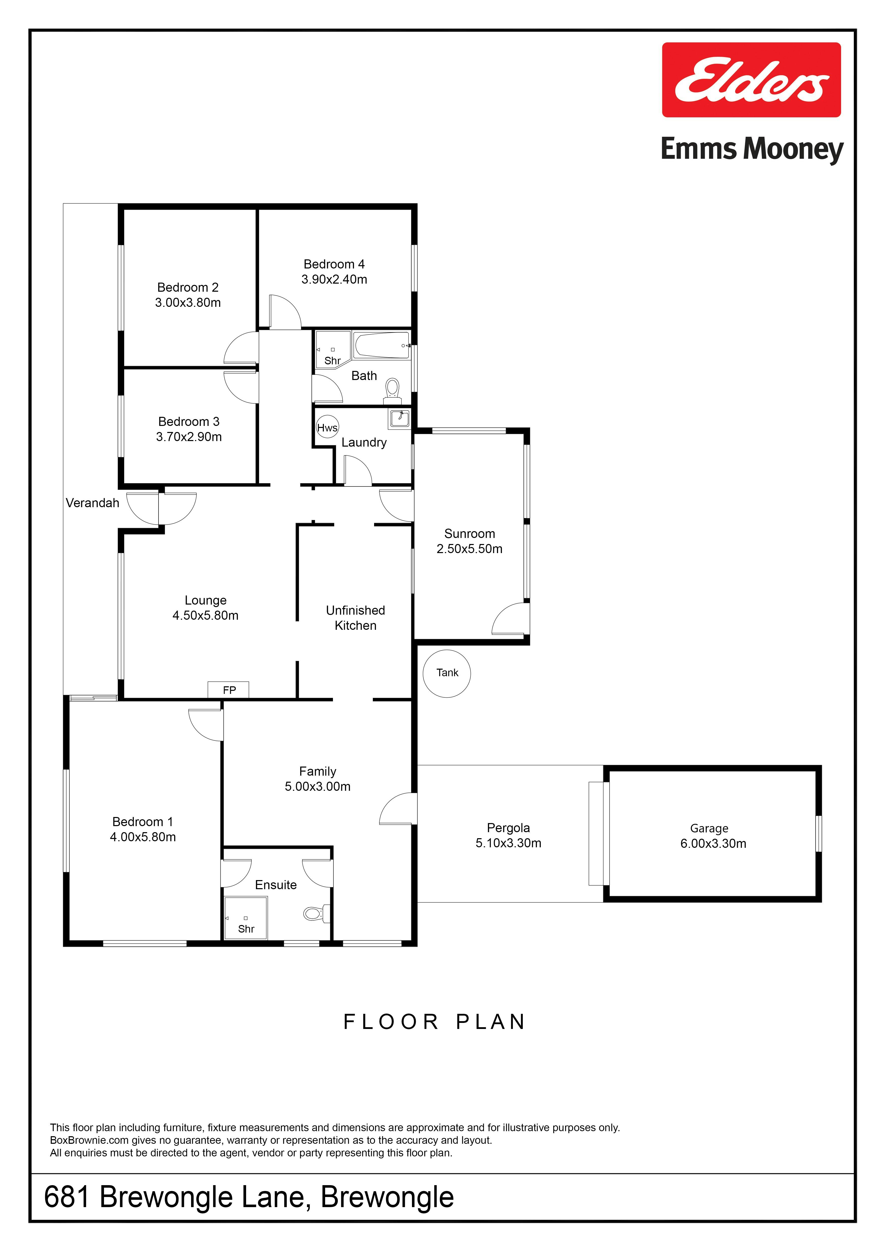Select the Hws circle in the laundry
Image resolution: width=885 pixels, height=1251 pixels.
(327, 428)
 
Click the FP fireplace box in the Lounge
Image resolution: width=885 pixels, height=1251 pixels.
(229, 690)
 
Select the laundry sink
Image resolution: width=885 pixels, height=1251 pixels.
(399, 418)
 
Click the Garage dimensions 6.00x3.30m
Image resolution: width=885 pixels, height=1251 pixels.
(713, 844)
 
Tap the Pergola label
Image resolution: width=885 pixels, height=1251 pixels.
(508, 828)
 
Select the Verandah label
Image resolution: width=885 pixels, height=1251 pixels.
(93, 503)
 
